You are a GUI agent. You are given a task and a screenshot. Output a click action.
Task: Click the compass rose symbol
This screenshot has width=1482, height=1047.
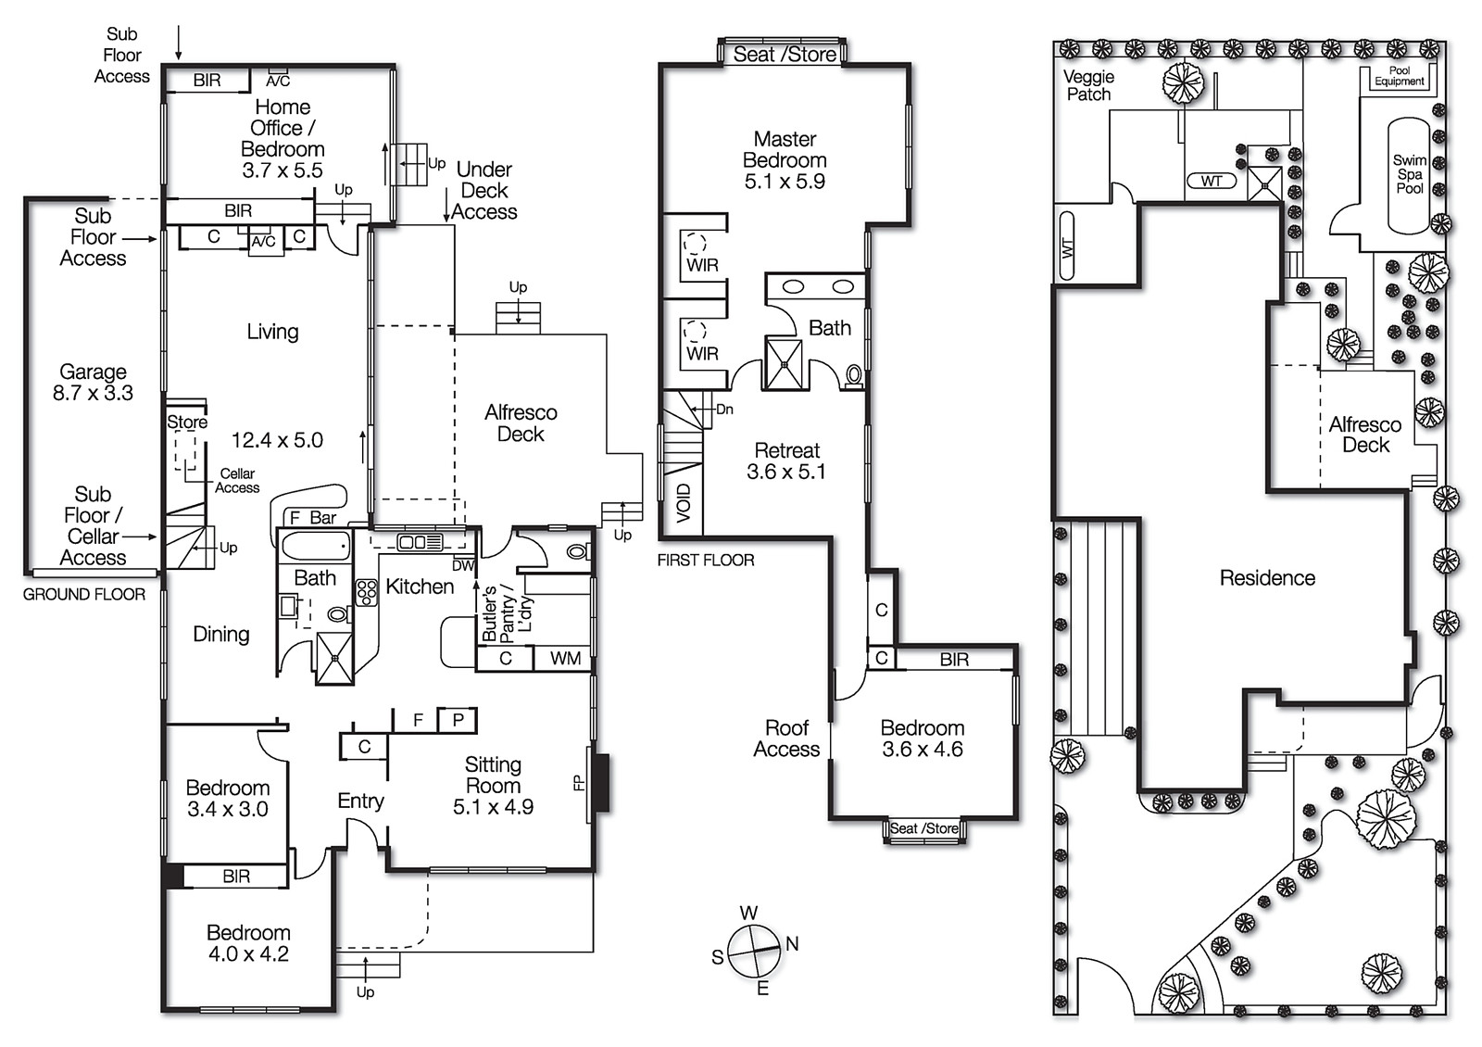(x=754, y=951)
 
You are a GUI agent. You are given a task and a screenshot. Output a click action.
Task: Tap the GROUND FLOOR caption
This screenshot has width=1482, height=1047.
(x=84, y=595)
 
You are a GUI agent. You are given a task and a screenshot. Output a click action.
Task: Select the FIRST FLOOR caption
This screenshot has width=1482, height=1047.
(x=706, y=561)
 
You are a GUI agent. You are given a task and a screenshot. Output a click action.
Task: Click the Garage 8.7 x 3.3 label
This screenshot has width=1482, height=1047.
(x=93, y=383)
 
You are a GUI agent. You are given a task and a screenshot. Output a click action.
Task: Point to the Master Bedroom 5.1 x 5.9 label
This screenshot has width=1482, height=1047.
(x=785, y=160)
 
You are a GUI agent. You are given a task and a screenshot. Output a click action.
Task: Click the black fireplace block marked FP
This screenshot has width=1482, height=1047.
(x=601, y=784)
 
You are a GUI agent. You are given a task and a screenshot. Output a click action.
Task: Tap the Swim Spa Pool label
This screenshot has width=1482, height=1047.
(x=1410, y=174)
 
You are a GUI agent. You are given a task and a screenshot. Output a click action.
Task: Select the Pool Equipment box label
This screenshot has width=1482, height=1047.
(x=1399, y=76)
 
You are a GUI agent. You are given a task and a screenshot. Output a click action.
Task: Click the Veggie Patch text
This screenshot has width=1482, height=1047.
(x=1088, y=85)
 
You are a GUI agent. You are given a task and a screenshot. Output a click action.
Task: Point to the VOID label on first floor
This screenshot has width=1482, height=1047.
(x=684, y=503)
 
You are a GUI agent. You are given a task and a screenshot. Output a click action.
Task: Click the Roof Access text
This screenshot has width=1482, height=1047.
(x=786, y=738)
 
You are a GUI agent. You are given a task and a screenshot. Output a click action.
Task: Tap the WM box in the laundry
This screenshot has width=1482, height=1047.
(x=565, y=658)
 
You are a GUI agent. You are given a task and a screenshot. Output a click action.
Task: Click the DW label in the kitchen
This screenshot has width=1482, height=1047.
(x=463, y=565)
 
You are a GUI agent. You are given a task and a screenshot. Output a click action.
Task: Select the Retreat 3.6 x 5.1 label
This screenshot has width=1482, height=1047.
(x=786, y=460)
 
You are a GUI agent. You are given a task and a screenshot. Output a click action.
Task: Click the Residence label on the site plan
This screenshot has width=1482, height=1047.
(x=1267, y=578)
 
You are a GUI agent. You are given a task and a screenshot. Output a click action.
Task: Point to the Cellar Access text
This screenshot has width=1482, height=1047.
(x=237, y=480)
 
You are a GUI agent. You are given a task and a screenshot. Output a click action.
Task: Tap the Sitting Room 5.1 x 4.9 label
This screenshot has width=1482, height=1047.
(x=493, y=786)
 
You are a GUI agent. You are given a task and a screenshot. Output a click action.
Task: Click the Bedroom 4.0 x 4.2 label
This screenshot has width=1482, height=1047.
(x=248, y=943)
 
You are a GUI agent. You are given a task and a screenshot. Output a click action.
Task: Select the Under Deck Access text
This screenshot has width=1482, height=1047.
(x=484, y=191)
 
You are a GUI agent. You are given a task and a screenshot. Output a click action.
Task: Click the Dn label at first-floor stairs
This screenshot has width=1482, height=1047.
(x=724, y=409)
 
